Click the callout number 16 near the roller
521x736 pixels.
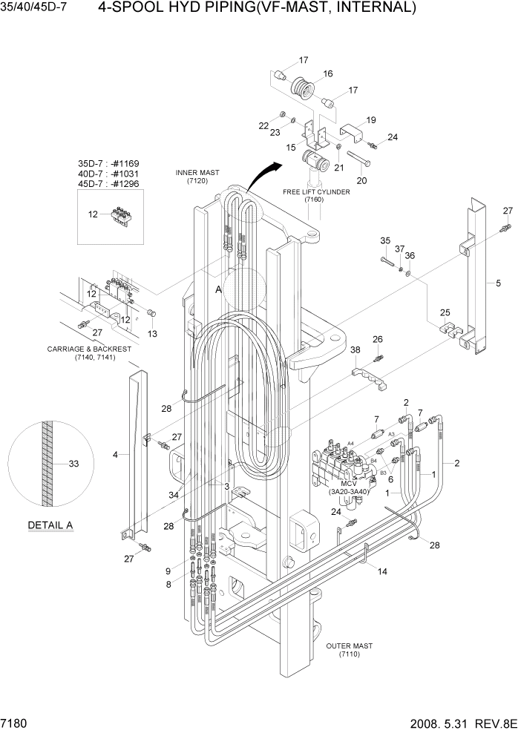coord(327,73)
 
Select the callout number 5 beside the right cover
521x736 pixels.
coord(499,283)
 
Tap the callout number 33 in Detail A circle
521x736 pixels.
coord(73,464)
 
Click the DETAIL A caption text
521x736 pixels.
coord(50,525)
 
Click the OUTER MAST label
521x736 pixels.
coord(349,650)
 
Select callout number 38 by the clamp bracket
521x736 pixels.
coord(355,349)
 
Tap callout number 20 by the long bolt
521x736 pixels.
coord(363,180)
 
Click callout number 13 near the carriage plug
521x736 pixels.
coord(153,335)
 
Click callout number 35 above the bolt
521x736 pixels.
coord(385,240)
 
